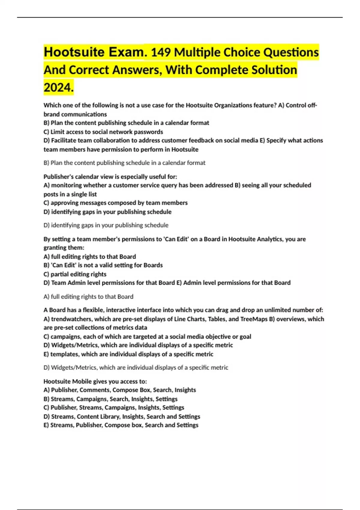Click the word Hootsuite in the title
tap(74, 52)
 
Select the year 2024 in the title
tap(58, 88)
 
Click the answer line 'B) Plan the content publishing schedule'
tap(124, 163)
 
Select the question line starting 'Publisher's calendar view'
tap(110, 177)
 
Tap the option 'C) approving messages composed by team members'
tap(115, 203)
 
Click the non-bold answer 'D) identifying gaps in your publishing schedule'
tap(106, 225)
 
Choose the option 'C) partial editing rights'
tap(75, 274)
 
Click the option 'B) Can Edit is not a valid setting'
tap(103, 265)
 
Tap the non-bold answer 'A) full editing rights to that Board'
tap(88, 297)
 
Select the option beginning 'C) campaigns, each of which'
tap(147, 337)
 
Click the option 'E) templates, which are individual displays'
tap(128, 354)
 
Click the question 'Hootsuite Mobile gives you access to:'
tap(95, 382)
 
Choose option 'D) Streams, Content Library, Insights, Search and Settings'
tap(122, 417)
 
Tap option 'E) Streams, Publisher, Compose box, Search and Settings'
tap(121, 425)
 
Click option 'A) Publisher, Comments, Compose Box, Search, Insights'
tap(120, 390)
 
